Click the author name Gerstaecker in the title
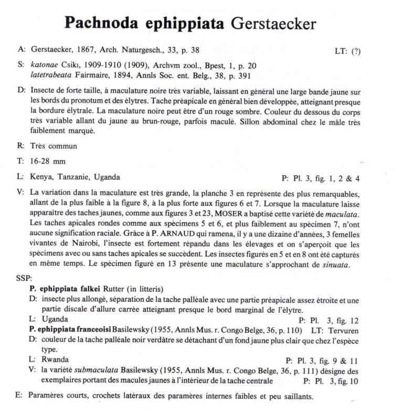273,24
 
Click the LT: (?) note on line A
347,51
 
